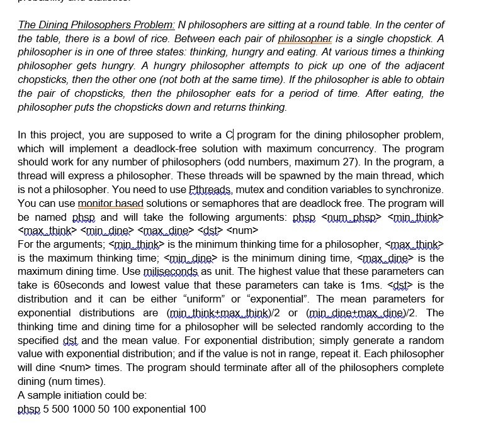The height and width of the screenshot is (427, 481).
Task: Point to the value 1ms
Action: coord(366,285)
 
